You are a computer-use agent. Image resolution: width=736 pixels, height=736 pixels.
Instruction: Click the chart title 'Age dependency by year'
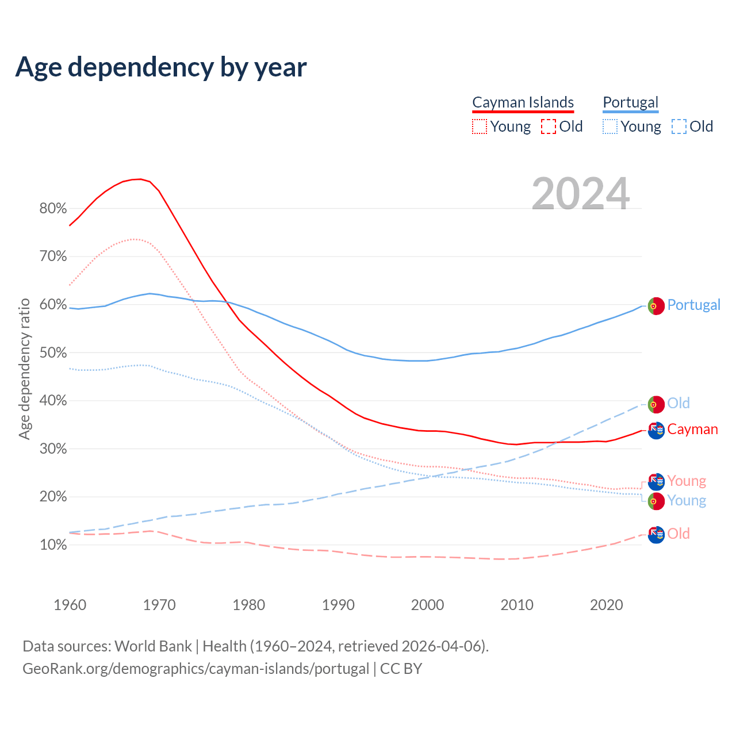point(161,67)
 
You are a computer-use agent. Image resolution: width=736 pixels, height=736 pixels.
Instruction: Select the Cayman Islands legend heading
point(523,103)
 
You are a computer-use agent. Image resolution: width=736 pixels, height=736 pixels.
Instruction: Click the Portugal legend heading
point(630,103)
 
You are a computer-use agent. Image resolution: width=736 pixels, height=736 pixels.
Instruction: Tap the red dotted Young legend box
point(480,126)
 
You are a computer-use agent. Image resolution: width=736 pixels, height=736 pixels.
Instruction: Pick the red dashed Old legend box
point(549,126)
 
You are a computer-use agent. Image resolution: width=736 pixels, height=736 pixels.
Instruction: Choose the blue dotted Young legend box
point(610,126)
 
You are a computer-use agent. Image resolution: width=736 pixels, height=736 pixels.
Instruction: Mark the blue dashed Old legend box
point(679,126)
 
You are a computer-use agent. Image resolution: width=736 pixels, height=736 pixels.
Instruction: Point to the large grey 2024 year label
point(581,194)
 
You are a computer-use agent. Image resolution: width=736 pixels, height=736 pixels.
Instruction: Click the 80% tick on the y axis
point(53,209)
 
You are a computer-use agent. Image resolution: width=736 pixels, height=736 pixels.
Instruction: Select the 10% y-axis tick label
point(53,545)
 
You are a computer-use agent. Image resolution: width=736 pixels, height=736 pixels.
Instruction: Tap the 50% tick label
point(53,352)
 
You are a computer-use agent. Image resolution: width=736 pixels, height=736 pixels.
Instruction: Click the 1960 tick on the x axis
point(70,605)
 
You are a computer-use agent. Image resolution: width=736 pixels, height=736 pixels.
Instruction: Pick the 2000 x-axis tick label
point(428,605)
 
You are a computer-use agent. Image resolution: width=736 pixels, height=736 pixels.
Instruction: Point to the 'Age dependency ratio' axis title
point(24,369)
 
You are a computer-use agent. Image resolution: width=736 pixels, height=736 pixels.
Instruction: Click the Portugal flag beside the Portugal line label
point(656,306)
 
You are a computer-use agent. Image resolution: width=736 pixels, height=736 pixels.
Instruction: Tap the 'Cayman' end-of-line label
point(692,430)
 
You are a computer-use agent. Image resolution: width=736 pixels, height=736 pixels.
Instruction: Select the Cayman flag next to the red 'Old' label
point(656,534)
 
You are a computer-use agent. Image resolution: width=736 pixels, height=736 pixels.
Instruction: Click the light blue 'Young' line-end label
point(687,501)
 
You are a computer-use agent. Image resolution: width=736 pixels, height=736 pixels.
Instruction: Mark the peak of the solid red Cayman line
point(140,179)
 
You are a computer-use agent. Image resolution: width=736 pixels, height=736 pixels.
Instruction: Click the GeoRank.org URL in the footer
point(195,669)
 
